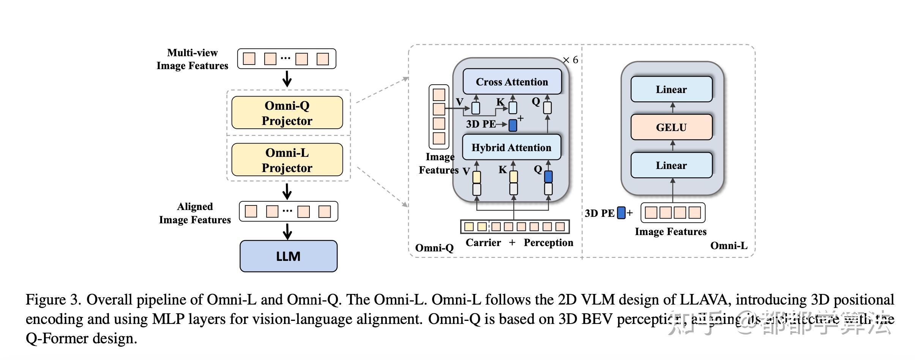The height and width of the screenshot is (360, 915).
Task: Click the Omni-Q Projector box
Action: pos(287,113)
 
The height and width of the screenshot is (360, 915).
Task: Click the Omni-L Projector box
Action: pos(287,160)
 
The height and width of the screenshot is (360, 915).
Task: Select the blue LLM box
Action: pos(288,256)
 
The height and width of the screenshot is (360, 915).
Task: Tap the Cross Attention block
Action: pos(512,82)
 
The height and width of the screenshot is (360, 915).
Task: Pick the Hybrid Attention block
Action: pos(511,147)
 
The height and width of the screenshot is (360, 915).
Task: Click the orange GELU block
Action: pos(671,127)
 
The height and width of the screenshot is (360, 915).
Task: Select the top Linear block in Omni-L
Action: pos(671,89)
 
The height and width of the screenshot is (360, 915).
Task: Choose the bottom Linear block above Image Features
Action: pos(671,165)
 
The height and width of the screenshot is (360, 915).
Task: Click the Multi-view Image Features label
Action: pos(192,59)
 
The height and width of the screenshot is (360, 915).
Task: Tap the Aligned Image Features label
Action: pos(194,213)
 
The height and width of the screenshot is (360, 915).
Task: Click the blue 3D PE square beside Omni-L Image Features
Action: pos(621,213)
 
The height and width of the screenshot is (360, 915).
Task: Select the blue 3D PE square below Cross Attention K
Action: pos(513,125)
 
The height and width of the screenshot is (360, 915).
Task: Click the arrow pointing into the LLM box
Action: pos(288,231)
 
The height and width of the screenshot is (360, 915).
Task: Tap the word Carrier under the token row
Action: pos(483,243)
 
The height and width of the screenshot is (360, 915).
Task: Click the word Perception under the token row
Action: pos(548,243)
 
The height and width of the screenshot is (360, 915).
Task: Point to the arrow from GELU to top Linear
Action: pos(672,108)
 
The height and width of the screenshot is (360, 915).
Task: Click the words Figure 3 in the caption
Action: pos(53,300)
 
